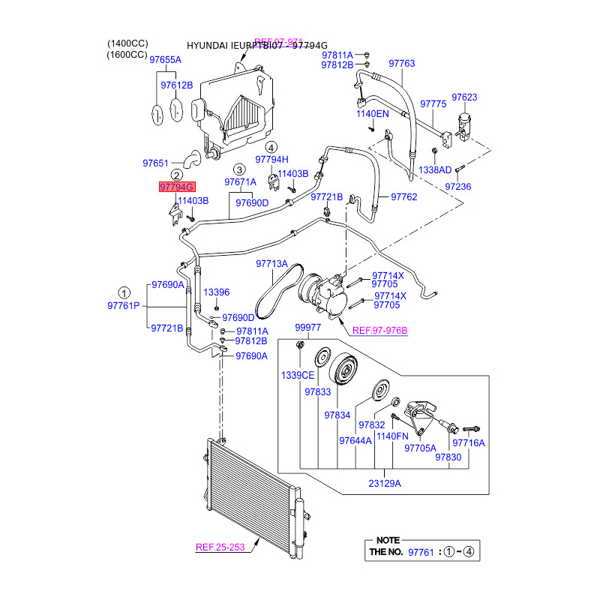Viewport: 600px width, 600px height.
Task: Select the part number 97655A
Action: [x=166, y=60]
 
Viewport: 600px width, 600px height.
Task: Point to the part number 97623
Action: [x=465, y=97]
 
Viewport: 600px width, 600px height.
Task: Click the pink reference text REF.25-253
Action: [x=220, y=547]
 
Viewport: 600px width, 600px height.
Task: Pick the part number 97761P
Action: [x=124, y=306]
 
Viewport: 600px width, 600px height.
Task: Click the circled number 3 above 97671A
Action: [x=239, y=169]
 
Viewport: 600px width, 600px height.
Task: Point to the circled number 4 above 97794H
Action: [x=271, y=147]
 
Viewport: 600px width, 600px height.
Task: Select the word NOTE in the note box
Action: [x=389, y=540]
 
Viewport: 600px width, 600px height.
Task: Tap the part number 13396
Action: [x=217, y=292]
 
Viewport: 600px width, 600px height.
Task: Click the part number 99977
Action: [x=307, y=328]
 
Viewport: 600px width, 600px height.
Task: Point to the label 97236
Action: [x=457, y=187]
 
